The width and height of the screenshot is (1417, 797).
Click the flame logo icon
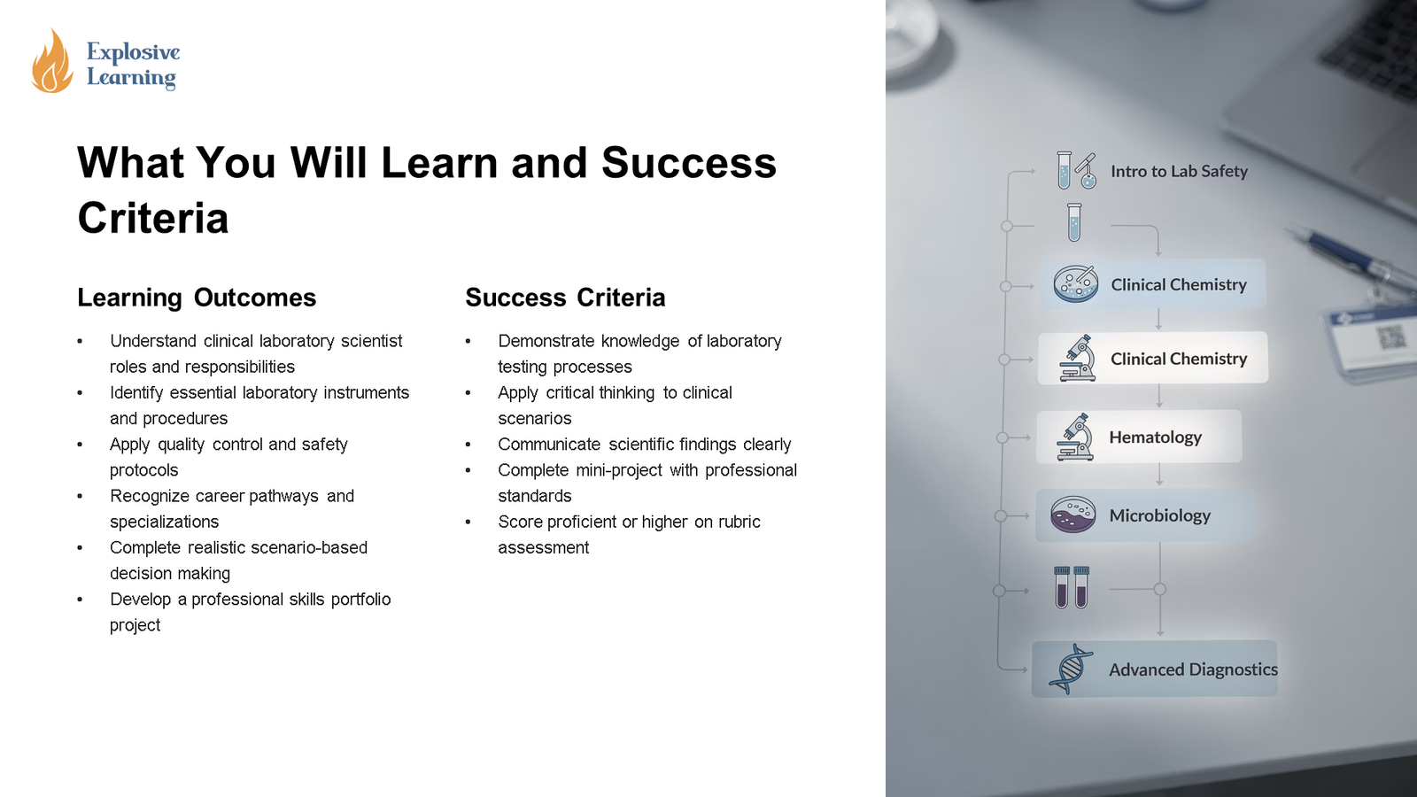click(x=51, y=62)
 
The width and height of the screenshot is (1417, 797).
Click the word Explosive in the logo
click(x=133, y=52)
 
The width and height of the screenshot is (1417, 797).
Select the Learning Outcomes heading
click(x=197, y=298)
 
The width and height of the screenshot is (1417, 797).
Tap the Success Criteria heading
click(x=565, y=298)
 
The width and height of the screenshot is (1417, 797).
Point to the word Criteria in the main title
click(x=153, y=218)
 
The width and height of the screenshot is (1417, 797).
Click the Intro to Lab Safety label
click(x=1179, y=171)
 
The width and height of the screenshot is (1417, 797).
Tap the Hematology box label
click(x=1155, y=437)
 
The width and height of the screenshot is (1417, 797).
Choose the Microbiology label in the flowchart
click(x=1159, y=515)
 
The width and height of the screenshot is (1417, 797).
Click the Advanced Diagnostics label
click(x=1193, y=669)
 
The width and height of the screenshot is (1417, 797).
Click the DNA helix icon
click(x=1070, y=669)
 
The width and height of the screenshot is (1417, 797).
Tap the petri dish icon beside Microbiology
click(x=1072, y=515)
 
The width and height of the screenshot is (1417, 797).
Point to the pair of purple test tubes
click(x=1072, y=587)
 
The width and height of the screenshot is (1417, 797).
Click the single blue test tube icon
click(x=1074, y=222)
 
